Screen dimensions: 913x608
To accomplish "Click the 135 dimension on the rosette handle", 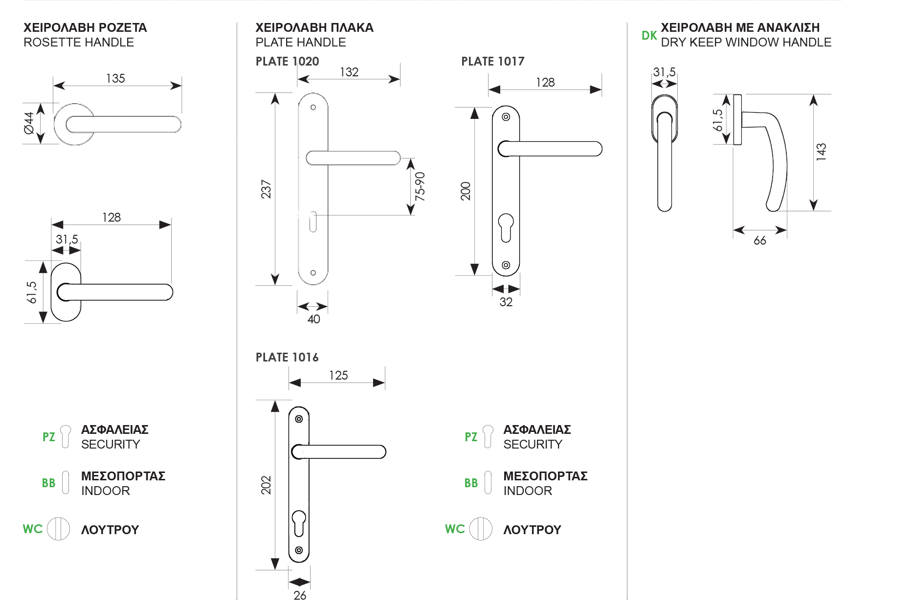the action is [115, 78].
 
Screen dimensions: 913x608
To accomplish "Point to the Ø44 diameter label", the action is [29, 123].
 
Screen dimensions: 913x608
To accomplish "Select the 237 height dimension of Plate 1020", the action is [266, 189].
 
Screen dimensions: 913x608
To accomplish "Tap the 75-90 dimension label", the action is [420, 186].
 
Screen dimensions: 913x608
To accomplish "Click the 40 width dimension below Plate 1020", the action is [313, 319].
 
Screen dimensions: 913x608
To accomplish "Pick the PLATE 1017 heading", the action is [492, 62].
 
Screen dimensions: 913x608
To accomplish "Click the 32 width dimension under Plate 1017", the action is [506, 302].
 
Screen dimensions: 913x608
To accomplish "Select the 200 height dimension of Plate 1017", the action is [466, 191].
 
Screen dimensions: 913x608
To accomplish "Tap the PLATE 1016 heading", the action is [287, 358].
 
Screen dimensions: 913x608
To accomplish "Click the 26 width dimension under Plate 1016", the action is [300, 595].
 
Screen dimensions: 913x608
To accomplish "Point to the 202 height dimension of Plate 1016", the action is [266, 485].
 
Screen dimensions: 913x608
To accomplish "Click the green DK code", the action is [649, 36].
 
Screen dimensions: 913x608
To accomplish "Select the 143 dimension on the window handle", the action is [821, 152].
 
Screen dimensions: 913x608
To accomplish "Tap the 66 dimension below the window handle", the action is [759, 240].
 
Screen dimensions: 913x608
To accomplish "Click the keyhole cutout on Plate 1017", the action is [506, 227].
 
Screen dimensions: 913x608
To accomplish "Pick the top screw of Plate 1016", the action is [299, 419].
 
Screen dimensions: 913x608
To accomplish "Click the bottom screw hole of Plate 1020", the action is [313, 273].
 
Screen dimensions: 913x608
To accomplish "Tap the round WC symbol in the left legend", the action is [59, 529].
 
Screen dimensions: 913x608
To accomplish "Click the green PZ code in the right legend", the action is [471, 437].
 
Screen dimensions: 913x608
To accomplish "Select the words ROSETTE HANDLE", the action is [79, 43].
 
